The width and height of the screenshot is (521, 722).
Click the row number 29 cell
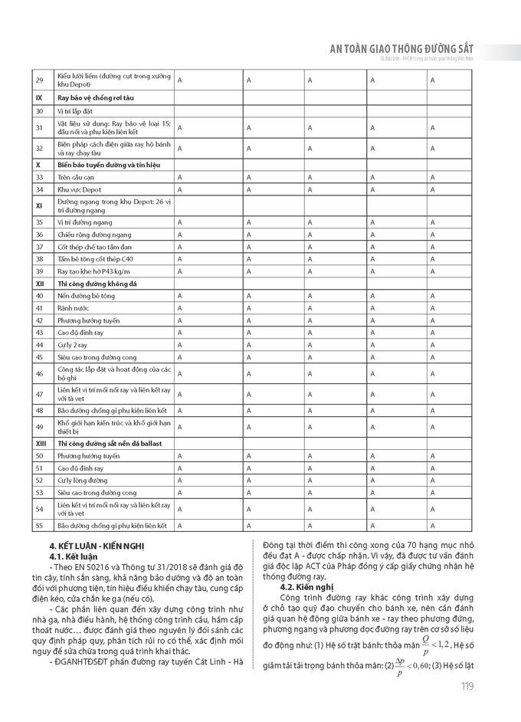[40, 80]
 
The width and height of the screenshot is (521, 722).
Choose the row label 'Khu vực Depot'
[80, 189]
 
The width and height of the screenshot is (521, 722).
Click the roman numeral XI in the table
[38, 205]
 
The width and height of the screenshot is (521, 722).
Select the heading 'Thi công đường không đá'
[97, 283]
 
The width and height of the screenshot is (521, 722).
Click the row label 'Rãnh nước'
[75, 307]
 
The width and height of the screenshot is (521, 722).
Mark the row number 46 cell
[40, 373]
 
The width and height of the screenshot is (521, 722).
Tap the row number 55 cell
[40, 525]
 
